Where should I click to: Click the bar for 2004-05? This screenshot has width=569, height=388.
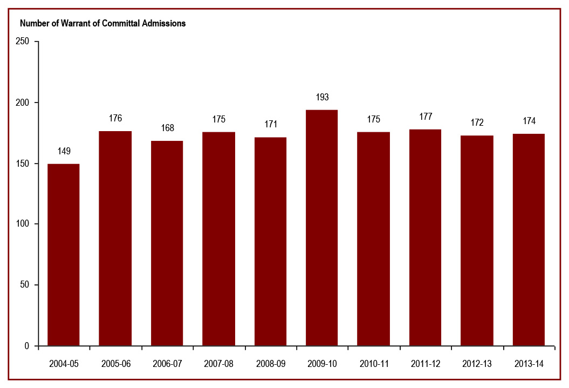coord(64,255)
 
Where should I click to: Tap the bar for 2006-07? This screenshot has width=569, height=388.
coord(167,243)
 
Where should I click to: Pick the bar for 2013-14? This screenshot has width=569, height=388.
coord(529,240)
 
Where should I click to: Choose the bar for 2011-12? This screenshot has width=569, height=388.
coord(425,237)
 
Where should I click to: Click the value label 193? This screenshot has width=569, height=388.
coord(322,97)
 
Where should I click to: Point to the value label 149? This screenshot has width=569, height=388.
coord(64,151)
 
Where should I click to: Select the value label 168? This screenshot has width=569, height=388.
coord(167,128)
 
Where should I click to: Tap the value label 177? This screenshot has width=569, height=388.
coord(425,117)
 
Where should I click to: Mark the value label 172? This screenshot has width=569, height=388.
coord(477,123)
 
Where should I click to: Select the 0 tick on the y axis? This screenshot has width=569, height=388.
coord(28,346)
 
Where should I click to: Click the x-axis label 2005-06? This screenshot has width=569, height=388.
coord(115,364)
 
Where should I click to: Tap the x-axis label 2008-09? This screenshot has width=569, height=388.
coord(270,364)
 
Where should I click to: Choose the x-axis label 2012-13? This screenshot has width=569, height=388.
coord(477,364)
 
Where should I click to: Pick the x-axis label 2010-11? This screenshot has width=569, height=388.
coord(374,364)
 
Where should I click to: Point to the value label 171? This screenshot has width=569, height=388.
coord(270,125)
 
